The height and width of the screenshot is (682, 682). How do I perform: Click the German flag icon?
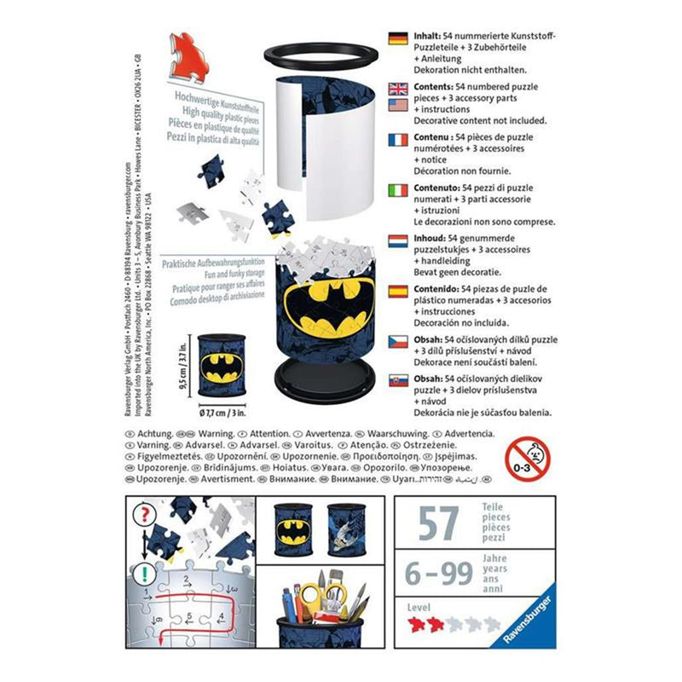point(397,38)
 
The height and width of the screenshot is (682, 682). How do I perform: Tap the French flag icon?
point(397,139)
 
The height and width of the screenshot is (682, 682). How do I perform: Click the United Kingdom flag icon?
point(397,88)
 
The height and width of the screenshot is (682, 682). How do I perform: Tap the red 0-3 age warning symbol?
point(526,460)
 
